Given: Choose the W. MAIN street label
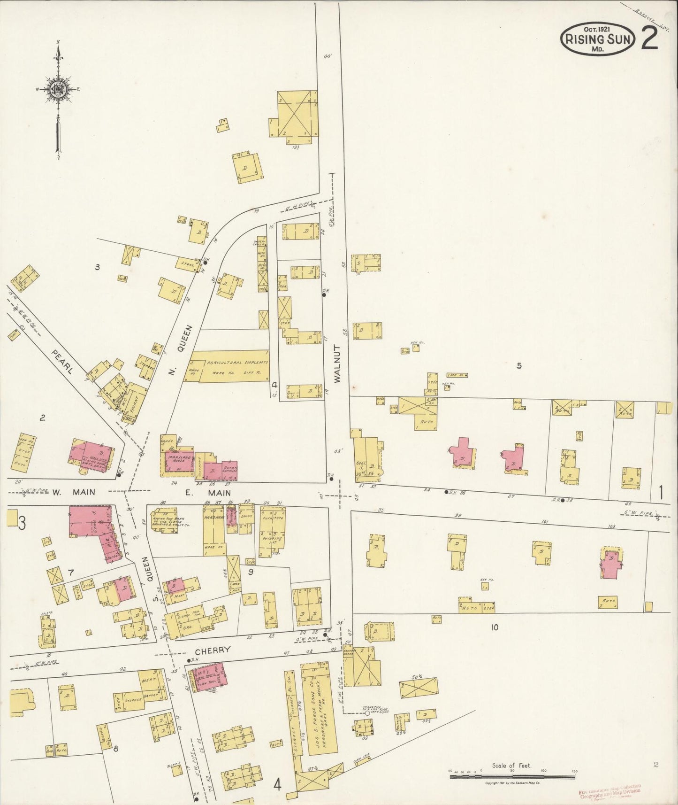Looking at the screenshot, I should pyautogui.click(x=73, y=492).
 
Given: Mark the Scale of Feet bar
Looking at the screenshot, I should pyautogui.click(x=512, y=777).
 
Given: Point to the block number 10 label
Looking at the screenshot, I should pyautogui.click(x=494, y=627).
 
